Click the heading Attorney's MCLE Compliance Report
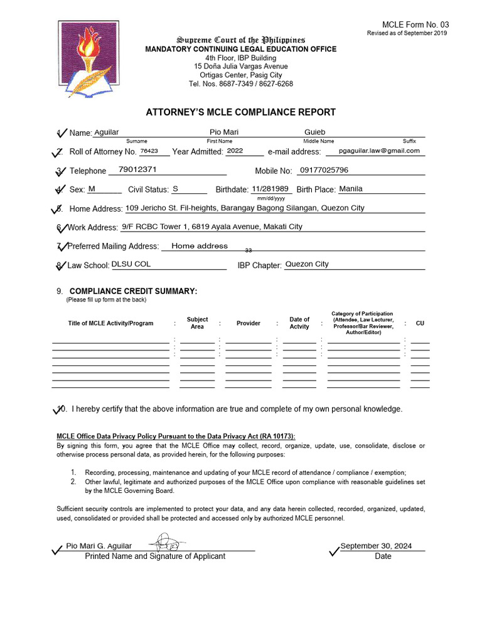point(241,112)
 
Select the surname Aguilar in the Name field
point(106,132)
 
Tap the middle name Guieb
point(315,132)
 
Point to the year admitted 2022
point(235,151)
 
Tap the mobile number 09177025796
point(324,170)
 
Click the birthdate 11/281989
point(270,188)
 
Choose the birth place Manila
point(351,188)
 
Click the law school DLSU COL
point(131,264)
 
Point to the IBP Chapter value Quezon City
point(307,264)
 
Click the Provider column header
point(248,323)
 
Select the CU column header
point(420,323)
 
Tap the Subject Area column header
point(197,323)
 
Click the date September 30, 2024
point(376,546)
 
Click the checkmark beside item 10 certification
point(60,409)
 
